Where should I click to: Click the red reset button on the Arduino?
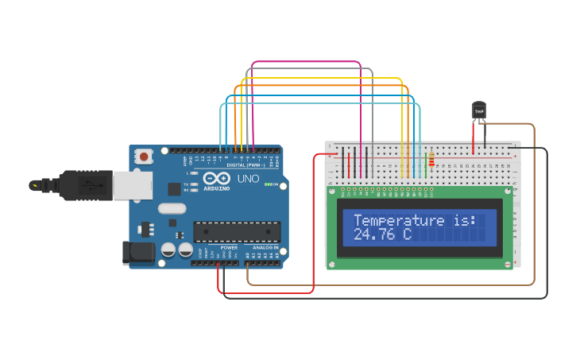click(x=143, y=157)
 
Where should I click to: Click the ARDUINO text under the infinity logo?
click(x=216, y=188)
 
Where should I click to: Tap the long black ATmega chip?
click(x=237, y=231)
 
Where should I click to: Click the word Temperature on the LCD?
click(x=400, y=220)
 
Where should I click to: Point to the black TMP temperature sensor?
click(x=478, y=111)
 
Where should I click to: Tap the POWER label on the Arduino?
click(x=229, y=248)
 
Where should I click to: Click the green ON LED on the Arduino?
click(x=269, y=184)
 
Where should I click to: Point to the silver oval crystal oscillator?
click(x=172, y=209)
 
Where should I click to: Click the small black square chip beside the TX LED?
click(x=174, y=189)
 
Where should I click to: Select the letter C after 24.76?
click(x=407, y=235)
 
